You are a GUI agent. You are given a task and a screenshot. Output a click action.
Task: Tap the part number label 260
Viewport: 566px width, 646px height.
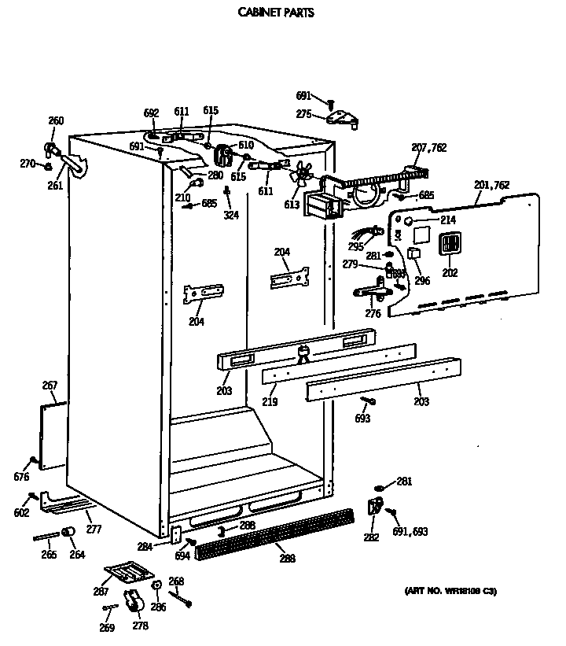coord(56,120)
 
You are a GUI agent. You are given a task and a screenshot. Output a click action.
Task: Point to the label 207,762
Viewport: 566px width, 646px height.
coord(429,147)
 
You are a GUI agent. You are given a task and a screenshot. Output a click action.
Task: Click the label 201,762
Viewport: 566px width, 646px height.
coord(491,185)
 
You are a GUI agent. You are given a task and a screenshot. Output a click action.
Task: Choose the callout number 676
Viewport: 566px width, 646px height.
coord(21,477)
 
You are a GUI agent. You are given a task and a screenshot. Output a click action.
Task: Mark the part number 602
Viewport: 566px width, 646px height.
coord(21,513)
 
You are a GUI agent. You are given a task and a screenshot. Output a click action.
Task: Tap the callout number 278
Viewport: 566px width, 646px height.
coord(140,626)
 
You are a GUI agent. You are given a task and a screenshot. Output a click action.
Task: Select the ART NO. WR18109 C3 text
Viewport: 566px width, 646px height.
coord(450,591)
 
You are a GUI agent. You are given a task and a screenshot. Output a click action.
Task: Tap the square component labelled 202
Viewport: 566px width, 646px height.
coord(449,244)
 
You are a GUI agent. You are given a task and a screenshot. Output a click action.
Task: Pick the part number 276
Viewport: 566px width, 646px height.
coord(373,314)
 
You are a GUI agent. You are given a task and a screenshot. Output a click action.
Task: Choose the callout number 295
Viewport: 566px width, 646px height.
coord(355,247)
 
